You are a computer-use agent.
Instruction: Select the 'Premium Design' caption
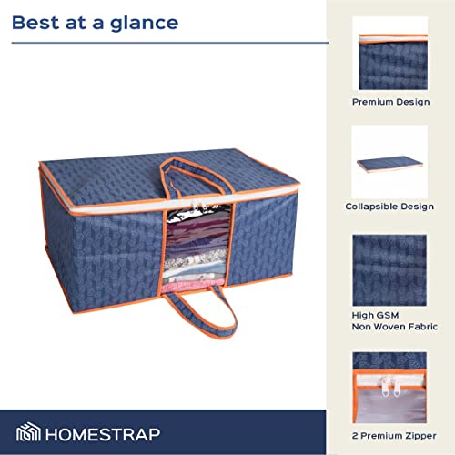tap(391, 102)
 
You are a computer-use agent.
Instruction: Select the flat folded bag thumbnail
tap(389, 161)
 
